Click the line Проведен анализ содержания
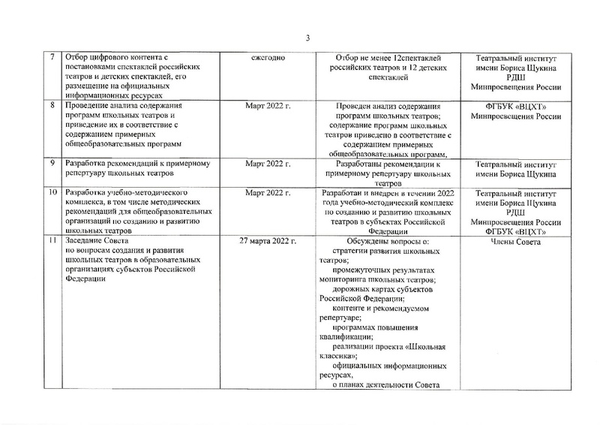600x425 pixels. (x=389, y=107)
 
